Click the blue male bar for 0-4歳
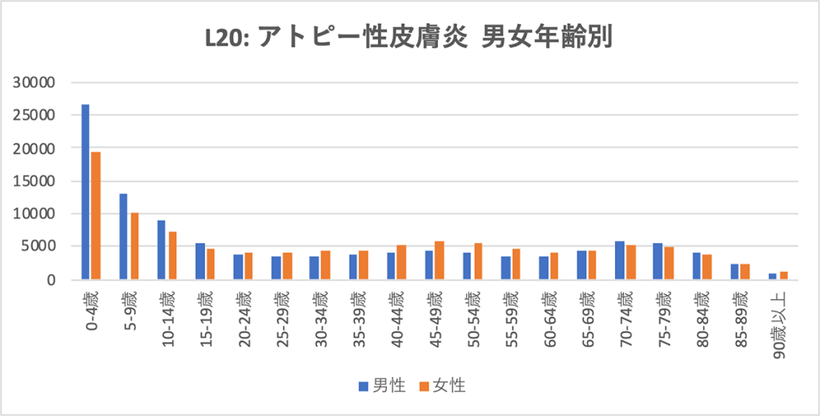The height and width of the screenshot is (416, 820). (85, 192)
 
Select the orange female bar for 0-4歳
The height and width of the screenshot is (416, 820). (95, 216)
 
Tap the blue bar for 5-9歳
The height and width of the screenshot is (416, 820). (123, 236)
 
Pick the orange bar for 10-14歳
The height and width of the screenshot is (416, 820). (172, 256)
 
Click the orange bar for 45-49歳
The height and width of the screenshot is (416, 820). (439, 261)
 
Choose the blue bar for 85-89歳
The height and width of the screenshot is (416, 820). (734, 272)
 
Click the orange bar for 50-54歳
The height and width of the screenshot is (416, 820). (477, 261)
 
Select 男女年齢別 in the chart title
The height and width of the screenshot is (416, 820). (546, 38)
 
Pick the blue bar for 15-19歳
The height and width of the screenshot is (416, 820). (200, 261)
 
